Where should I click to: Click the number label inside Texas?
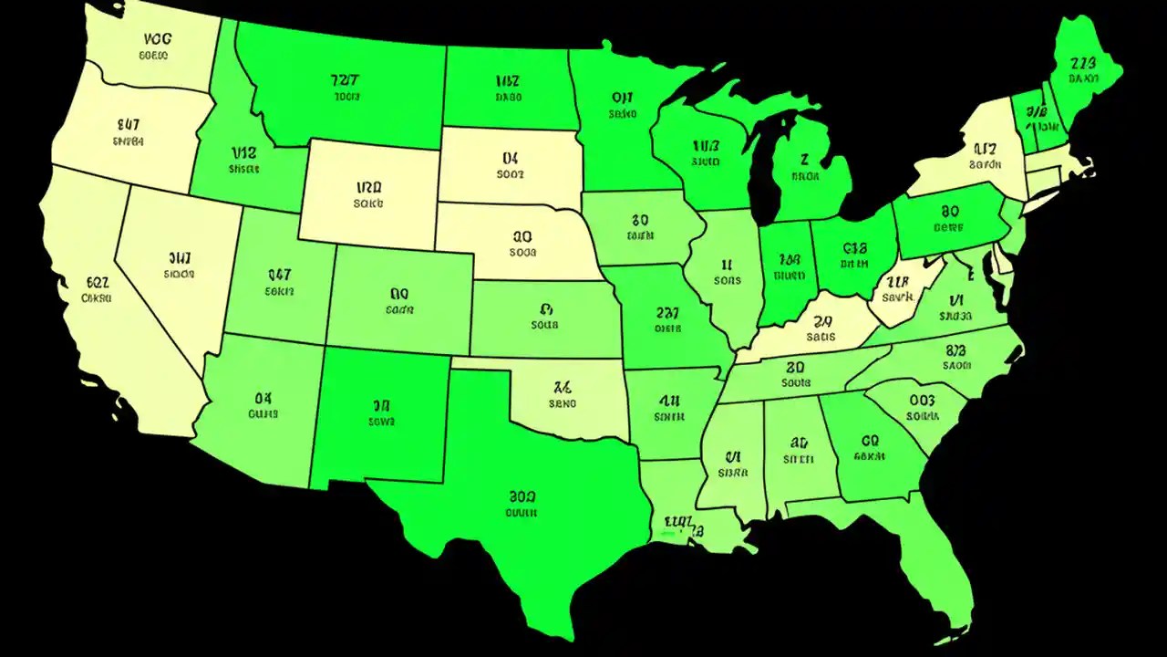(x=522, y=497)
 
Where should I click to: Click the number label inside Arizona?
(x=263, y=398)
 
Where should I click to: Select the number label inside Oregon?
(x=129, y=125)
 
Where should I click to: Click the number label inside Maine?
(x=1083, y=63)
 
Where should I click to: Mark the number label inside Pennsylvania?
(x=949, y=209)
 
